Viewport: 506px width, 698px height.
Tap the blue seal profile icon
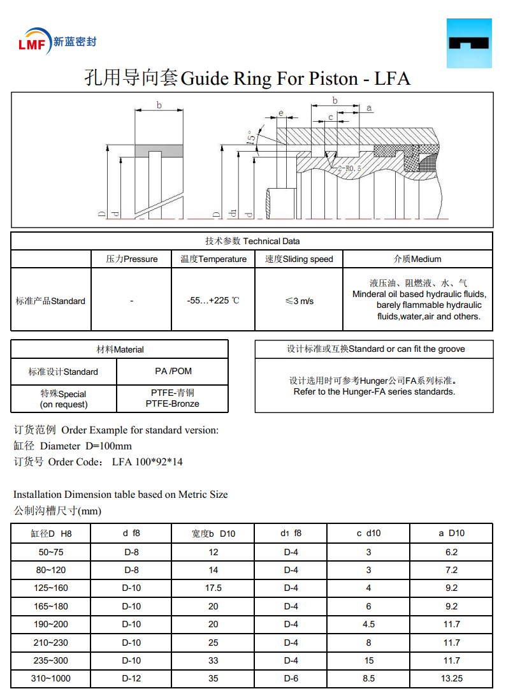click(x=469, y=43)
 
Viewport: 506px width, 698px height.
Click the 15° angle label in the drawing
click(x=252, y=136)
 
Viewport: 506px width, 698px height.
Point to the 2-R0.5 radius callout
click(x=349, y=169)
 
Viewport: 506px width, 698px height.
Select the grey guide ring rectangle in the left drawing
click(x=159, y=151)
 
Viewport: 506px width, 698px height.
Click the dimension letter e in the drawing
click(x=280, y=113)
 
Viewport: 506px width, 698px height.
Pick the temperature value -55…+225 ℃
click(x=213, y=300)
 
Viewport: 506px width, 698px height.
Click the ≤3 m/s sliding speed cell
click(x=299, y=300)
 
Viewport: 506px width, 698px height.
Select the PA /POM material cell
click(x=173, y=371)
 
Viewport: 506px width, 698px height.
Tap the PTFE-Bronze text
click(x=172, y=404)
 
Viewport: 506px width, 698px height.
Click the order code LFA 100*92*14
click(x=147, y=462)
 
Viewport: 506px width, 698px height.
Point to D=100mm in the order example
click(x=108, y=446)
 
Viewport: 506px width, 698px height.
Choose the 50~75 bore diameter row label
click(x=51, y=552)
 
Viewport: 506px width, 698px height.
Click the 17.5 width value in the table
click(x=213, y=588)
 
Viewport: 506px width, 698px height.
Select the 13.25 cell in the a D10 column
click(x=451, y=678)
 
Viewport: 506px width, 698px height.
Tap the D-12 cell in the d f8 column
click(x=131, y=678)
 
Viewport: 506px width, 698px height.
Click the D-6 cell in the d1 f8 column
click(x=291, y=678)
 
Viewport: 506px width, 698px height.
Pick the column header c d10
click(x=368, y=533)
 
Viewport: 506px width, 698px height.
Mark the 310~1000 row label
click(x=51, y=678)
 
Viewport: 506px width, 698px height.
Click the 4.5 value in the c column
click(x=368, y=624)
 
